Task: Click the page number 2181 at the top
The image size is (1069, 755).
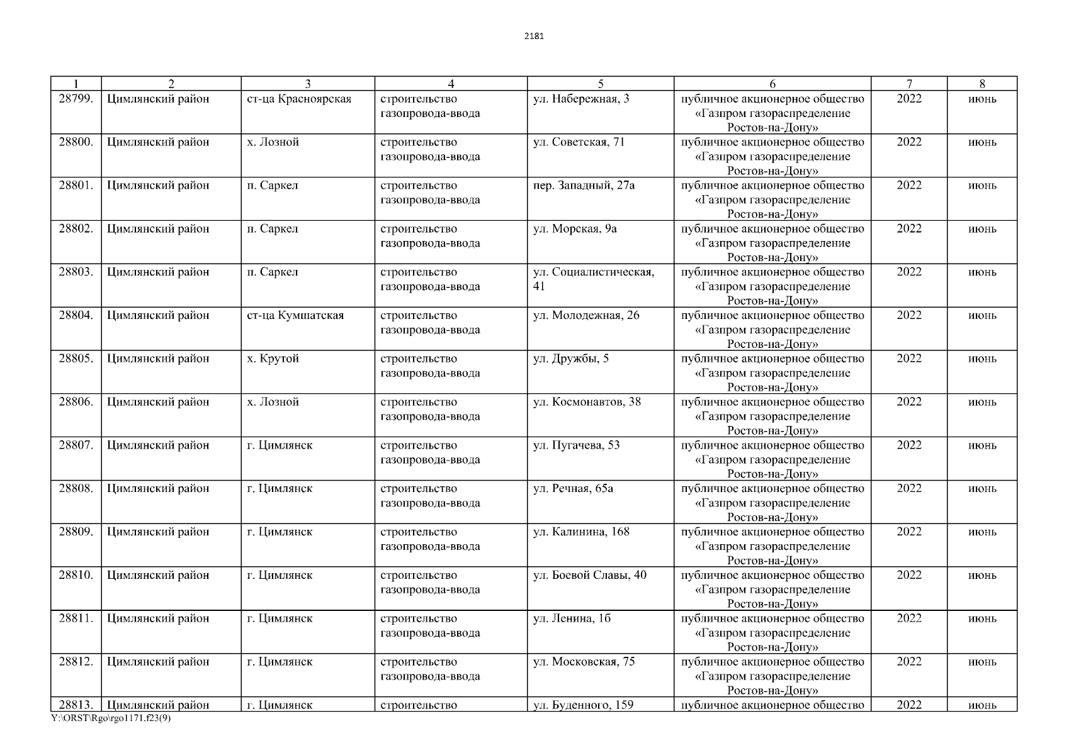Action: tap(534, 36)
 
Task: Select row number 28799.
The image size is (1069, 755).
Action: tap(76, 99)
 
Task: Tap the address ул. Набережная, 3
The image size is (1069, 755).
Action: tap(580, 99)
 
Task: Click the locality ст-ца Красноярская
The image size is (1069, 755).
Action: tap(299, 99)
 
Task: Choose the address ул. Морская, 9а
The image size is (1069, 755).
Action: tap(575, 229)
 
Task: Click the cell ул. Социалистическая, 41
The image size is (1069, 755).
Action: tap(593, 279)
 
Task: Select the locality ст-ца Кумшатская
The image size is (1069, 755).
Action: tap(295, 316)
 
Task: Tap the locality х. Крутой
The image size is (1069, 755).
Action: tap(273, 359)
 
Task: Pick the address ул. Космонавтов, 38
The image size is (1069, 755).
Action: tap(587, 402)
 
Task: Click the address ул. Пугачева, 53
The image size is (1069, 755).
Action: tap(576, 445)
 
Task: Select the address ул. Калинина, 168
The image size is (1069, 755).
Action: tap(581, 532)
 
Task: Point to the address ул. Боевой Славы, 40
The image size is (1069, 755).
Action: tap(589, 576)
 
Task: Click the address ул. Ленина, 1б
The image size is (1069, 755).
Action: tap(572, 619)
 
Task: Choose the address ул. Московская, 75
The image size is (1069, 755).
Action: tap(584, 662)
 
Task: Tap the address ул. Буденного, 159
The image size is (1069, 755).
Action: tap(583, 705)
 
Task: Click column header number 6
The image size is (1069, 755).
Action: tap(772, 84)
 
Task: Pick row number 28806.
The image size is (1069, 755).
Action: tap(76, 402)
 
